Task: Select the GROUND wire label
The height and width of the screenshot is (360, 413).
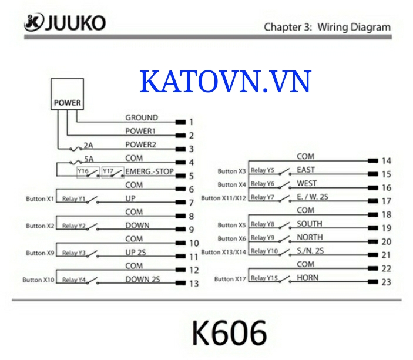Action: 141,117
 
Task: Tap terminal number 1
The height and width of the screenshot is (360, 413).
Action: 191,123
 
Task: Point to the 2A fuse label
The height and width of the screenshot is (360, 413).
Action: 89,144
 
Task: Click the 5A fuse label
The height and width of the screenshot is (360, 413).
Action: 89,158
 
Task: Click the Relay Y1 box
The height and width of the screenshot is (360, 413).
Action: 73,198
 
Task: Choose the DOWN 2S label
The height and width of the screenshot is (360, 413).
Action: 142,280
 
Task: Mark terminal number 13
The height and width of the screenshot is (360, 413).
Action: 194,284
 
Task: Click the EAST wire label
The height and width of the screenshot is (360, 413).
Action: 305,170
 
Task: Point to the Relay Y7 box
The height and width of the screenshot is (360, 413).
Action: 262,197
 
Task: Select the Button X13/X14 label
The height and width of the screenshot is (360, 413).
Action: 224,252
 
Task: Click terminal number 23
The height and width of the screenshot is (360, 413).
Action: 386,282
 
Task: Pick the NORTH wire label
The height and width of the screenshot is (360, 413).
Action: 309,237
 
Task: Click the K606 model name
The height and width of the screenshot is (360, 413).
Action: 229,334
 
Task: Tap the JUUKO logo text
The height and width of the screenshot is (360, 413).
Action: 73,23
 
